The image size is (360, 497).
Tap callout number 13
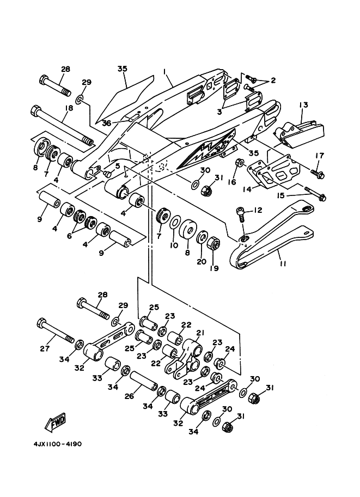click(x=303, y=105)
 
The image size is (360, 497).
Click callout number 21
click(x=200, y=333)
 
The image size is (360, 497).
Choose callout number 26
click(x=129, y=396)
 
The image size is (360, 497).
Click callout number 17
click(x=320, y=156)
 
